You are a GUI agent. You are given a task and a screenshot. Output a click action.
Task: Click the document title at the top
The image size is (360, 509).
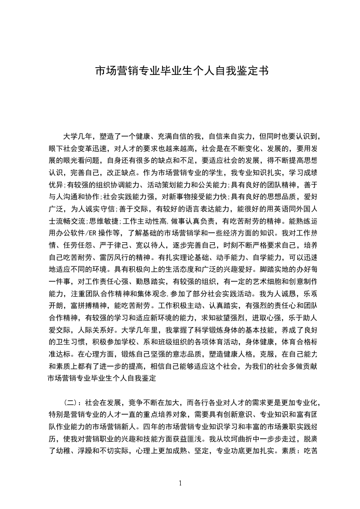pos(180,71)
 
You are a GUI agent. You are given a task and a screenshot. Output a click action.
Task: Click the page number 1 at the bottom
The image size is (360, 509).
pos(181,483)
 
